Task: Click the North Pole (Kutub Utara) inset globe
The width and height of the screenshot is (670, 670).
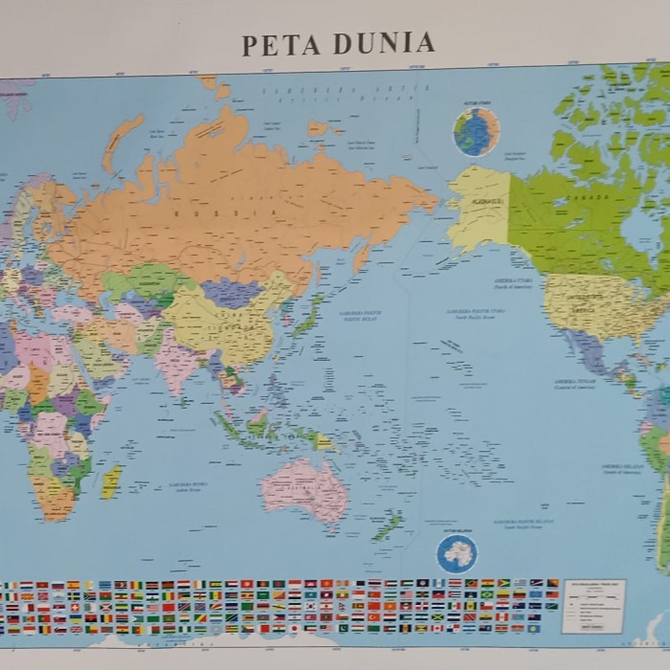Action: tap(476, 131)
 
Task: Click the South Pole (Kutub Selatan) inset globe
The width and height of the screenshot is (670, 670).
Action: tap(457, 553)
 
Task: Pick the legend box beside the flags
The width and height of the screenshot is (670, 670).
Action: tap(593, 605)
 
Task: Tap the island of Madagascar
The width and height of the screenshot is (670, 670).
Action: tap(112, 480)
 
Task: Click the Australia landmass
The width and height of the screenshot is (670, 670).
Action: tap(303, 487)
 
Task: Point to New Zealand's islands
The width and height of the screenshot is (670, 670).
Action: tap(388, 525)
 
